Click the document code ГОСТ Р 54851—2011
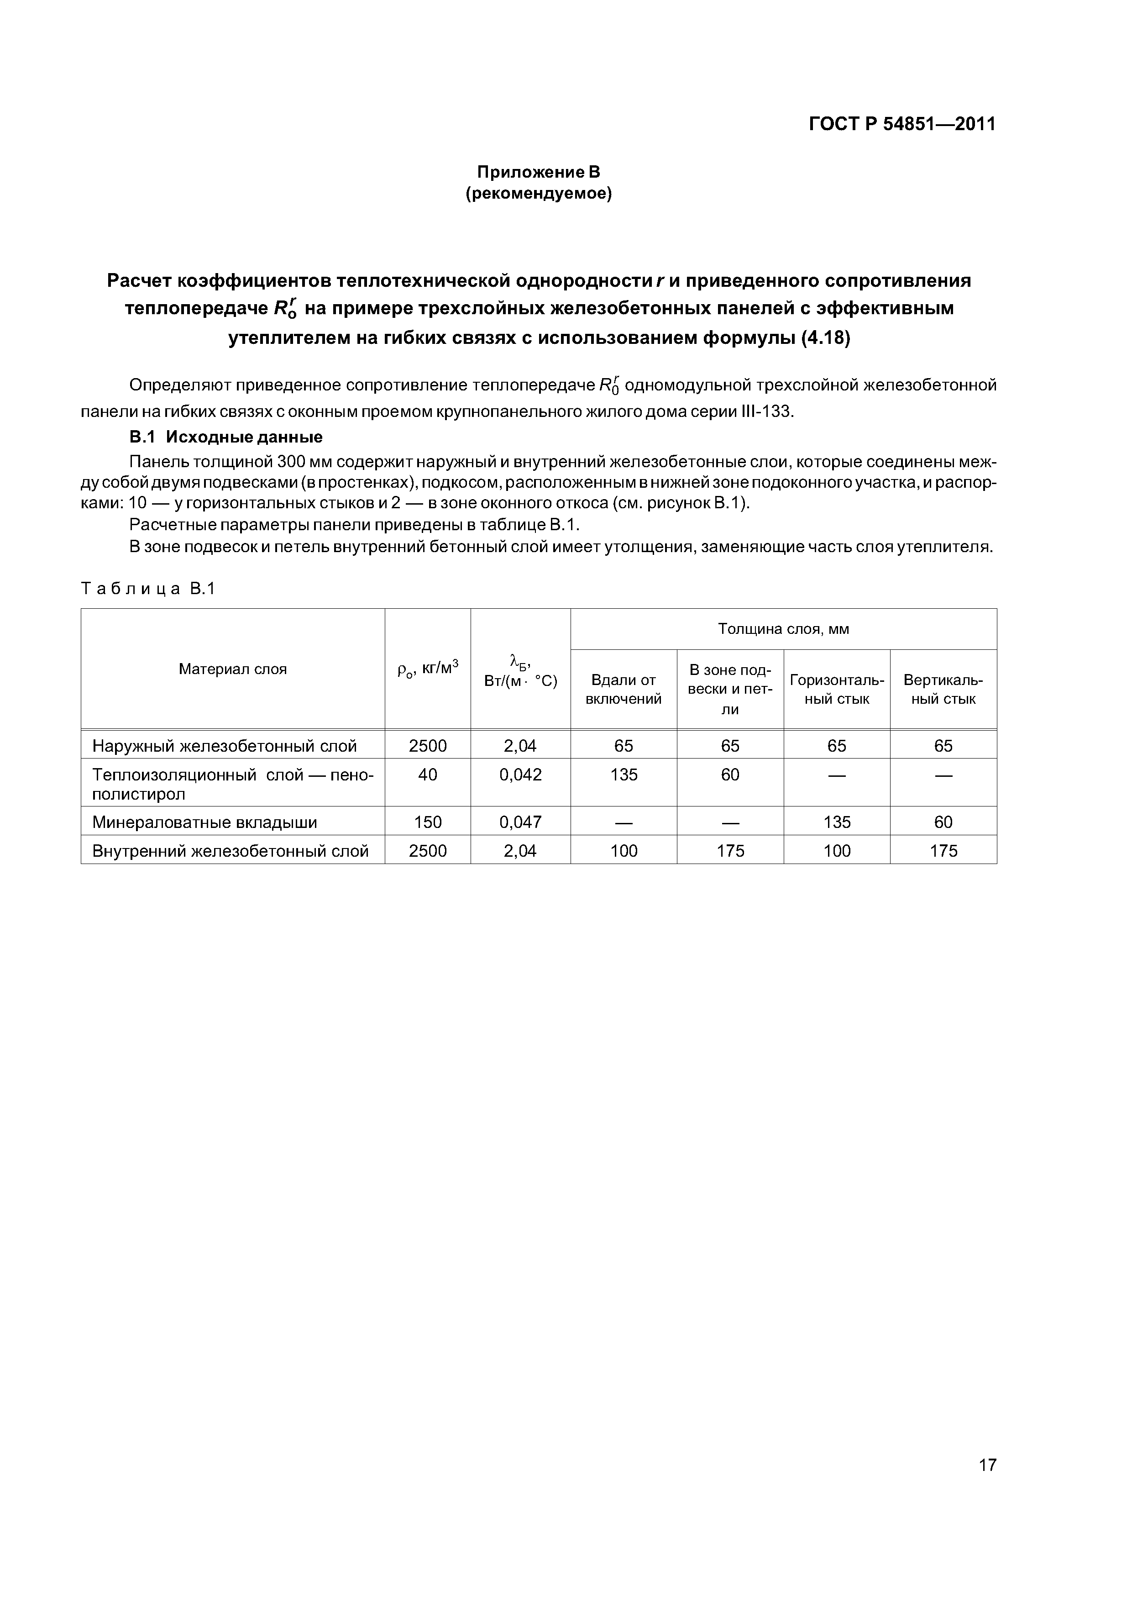pyautogui.click(x=902, y=124)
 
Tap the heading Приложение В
pyautogui.click(x=538, y=172)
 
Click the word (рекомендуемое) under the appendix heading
pyautogui.click(x=538, y=194)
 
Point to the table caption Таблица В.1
pyautogui.click(x=148, y=589)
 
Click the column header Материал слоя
pyautogui.click(x=232, y=669)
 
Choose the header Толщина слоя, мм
pyautogui.click(x=783, y=629)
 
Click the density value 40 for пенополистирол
pyautogui.click(x=428, y=775)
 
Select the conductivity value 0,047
pyautogui.click(x=520, y=822)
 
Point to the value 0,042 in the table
pyautogui.click(x=520, y=775)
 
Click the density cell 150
pyautogui.click(x=428, y=822)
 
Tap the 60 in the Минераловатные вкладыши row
pyautogui.click(x=943, y=822)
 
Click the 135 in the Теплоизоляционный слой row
pyautogui.click(x=624, y=775)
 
